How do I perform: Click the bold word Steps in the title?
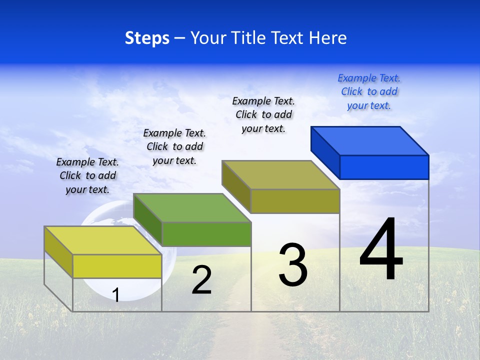click(147, 38)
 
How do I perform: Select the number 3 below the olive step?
click(292, 265)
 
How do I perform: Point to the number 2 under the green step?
click(201, 280)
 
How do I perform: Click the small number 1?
click(116, 295)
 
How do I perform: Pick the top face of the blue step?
click(370, 140)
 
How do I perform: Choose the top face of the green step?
click(192, 207)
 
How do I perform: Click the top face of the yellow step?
click(103, 240)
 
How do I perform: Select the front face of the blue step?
click(384, 167)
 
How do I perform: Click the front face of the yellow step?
click(117, 266)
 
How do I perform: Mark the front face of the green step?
click(206, 234)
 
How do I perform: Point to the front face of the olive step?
click(295, 201)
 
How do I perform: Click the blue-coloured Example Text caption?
click(369, 91)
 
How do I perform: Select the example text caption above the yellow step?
click(87, 175)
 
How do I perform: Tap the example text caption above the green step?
click(174, 146)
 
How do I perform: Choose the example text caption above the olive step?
click(263, 114)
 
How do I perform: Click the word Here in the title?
click(327, 38)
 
